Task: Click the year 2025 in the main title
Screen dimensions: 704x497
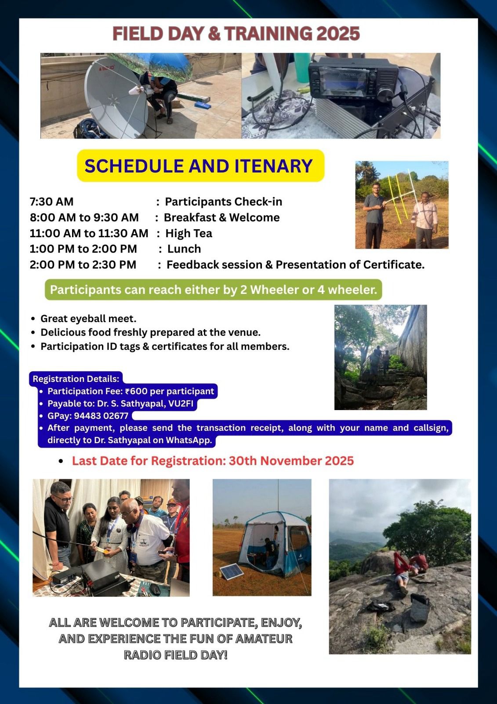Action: (338, 34)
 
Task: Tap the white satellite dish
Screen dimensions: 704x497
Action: (116, 99)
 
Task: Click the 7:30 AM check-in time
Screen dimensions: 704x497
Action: (51, 202)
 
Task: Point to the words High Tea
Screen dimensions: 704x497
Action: (189, 233)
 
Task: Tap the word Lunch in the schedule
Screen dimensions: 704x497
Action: (184, 249)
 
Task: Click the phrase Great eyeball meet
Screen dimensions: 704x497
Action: (88, 319)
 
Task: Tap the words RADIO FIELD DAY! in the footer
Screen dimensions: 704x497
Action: (175, 655)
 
